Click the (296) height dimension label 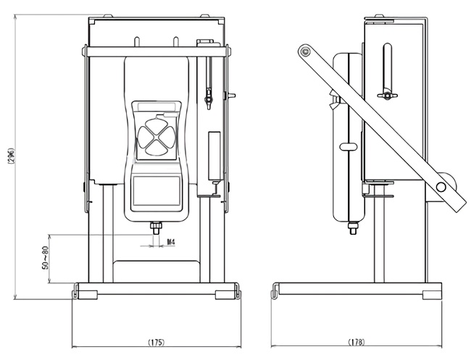(10, 156)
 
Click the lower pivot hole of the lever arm (441, 187)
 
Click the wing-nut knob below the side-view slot (387, 95)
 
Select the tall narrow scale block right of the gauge (214, 155)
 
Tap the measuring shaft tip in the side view (352, 230)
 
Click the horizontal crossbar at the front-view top (156, 51)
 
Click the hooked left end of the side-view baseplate (274, 291)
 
